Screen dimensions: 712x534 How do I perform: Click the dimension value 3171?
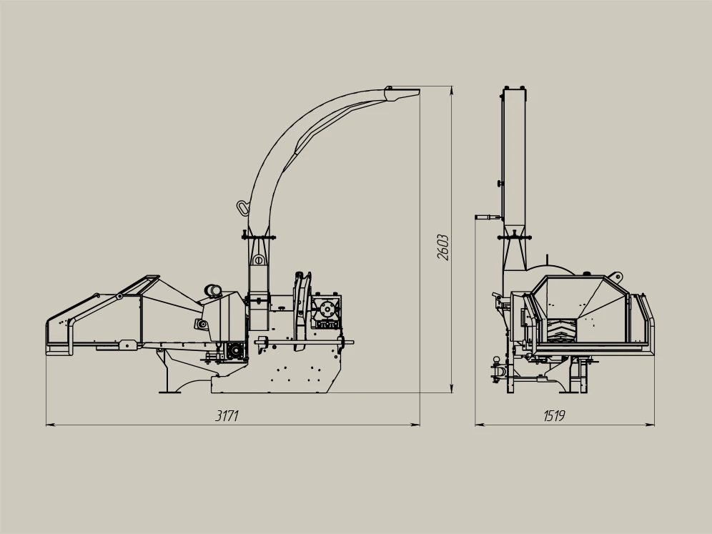(x=227, y=415)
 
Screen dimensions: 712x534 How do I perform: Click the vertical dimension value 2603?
(x=442, y=247)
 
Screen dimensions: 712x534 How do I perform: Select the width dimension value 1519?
(x=554, y=415)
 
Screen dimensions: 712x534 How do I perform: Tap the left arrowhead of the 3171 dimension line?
(x=51, y=425)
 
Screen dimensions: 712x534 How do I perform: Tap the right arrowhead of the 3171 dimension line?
(x=415, y=425)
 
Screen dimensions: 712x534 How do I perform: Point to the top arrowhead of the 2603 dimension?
(x=451, y=91)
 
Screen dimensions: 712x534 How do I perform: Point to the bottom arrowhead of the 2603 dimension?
(x=451, y=387)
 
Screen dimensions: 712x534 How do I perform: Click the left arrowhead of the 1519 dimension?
(x=480, y=425)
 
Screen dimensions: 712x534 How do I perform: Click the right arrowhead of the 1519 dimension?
(x=650, y=425)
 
